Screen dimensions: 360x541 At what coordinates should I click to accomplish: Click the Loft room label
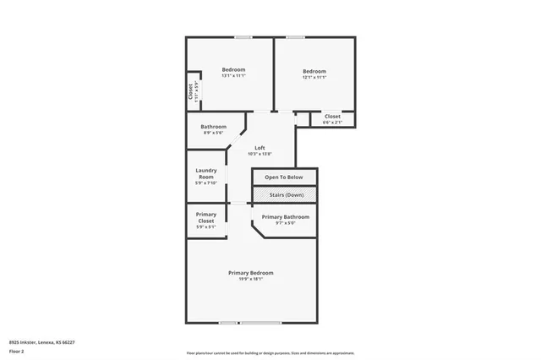260,148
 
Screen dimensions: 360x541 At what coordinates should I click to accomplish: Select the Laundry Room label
206,173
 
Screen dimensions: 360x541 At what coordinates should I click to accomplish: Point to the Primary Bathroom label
285,217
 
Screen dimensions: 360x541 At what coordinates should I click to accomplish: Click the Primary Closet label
206,217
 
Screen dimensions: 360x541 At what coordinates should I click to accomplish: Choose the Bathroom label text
213,127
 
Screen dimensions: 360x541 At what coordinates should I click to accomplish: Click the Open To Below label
284,177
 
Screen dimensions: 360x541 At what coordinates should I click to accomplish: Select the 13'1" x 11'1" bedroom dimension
233,76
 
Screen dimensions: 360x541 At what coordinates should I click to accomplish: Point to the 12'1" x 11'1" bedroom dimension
314,77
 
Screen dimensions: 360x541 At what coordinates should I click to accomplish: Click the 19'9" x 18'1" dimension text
251,279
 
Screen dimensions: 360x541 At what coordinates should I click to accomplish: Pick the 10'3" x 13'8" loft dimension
260,154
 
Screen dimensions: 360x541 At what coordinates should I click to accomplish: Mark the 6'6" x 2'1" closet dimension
332,123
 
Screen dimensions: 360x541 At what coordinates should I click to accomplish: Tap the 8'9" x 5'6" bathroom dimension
213,133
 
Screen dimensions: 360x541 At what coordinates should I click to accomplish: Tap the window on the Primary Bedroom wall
239,323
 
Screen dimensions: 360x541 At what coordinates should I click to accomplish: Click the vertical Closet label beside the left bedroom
190,90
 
